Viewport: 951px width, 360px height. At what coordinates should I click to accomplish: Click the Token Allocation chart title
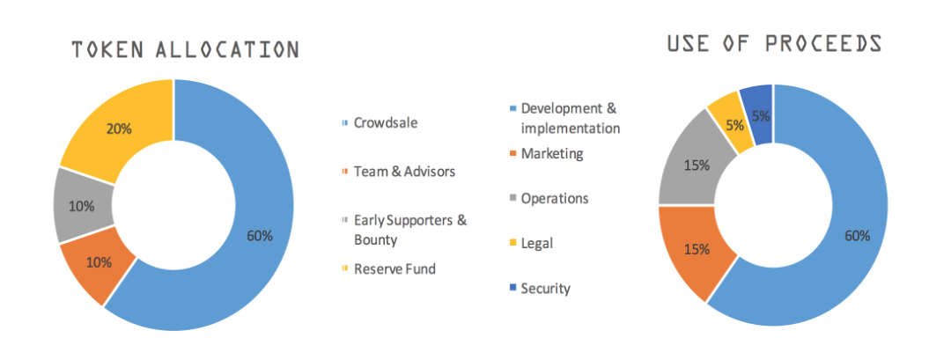click(x=186, y=49)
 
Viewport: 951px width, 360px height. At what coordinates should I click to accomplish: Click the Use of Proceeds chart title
click(x=774, y=44)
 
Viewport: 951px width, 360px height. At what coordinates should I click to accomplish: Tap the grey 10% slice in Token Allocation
click(x=83, y=205)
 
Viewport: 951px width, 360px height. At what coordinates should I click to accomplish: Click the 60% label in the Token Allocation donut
click(x=260, y=236)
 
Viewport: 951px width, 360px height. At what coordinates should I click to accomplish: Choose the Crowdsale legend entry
click(x=380, y=122)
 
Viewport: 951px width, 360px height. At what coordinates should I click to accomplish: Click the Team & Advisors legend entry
click(x=399, y=172)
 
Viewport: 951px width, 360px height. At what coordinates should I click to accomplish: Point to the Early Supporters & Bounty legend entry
click(x=404, y=230)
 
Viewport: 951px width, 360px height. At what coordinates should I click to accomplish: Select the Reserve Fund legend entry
click(x=389, y=268)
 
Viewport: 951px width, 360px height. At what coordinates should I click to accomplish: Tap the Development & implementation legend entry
click(x=564, y=118)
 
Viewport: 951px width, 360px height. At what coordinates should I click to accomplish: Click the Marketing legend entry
click(x=547, y=153)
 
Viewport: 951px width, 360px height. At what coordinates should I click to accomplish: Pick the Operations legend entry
click(x=549, y=198)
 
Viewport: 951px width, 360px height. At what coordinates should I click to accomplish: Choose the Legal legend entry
click(x=531, y=243)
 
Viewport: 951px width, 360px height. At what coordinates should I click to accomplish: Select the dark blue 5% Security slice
click(x=758, y=115)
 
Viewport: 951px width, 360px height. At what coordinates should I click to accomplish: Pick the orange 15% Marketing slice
click(x=695, y=248)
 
